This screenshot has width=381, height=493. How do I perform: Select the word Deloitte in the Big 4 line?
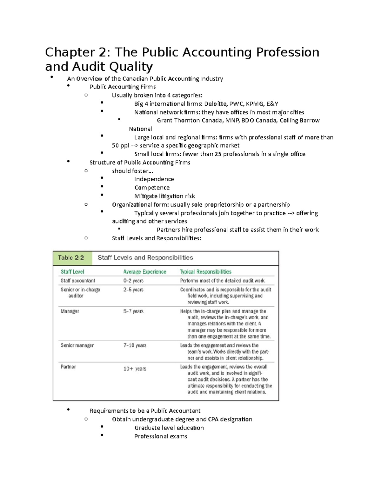pyautogui.click(x=216, y=104)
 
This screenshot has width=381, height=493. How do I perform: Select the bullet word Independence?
pyautogui.click(x=154, y=179)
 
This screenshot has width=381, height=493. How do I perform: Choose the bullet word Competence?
pyautogui.click(x=152, y=188)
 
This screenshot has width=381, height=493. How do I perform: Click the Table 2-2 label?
pyautogui.click(x=71, y=258)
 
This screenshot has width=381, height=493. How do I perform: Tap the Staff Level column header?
pyautogui.click(x=72, y=272)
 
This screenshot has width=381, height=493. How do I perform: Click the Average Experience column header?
pyautogui.click(x=144, y=272)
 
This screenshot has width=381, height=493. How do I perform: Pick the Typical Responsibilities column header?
pyautogui.click(x=205, y=272)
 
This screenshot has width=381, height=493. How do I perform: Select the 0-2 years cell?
pyautogui.click(x=133, y=281)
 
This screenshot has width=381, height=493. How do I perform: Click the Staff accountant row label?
pyautogui.click(x=78, y=281)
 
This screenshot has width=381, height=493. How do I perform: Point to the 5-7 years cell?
pyautogui.click(x=133, y=311)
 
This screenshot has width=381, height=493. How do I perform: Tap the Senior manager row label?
pyautogui.click(x=77, y=345)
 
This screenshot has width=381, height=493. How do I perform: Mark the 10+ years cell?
pyautogui.click(x=135, y=369)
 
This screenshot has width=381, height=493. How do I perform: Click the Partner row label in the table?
pyautogui.click(x=68, y=367)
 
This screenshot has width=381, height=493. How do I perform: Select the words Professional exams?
pyautogui.click(x=161, y=436)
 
